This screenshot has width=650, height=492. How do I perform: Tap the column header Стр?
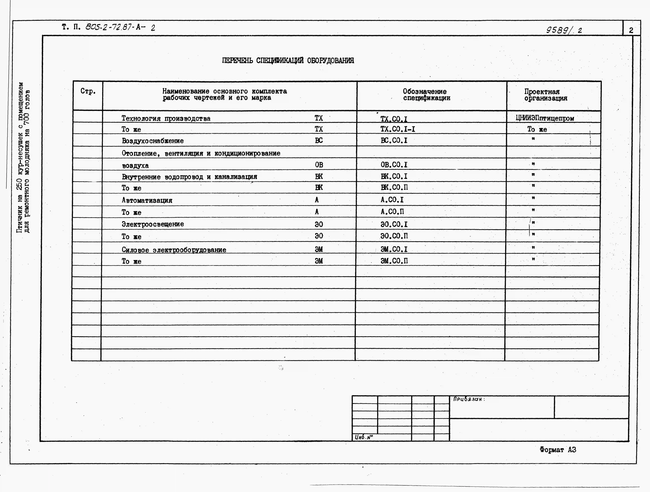tap(88, 91)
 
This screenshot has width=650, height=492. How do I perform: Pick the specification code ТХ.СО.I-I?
tap(398, 129)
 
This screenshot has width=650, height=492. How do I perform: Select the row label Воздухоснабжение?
tap(152, 141)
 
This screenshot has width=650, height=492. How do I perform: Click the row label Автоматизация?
tap(147, 200)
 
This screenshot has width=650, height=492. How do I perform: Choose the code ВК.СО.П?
tap(394, 187)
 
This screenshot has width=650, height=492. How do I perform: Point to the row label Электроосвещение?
tap(153, 224)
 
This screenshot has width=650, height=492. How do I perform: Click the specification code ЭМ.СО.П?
tap(394, 261)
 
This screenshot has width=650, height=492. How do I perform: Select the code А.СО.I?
tap(392, 200)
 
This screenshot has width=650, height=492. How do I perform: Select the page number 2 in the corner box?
tap(631, 30)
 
